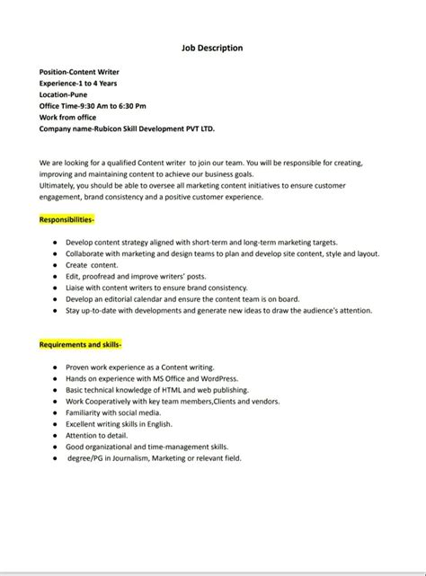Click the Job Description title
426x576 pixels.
[x=213, y=48]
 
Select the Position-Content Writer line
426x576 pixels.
[x=80, y=70]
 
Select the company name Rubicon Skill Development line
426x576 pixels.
[x=126, y=128]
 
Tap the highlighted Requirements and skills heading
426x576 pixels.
[x=81, y=344]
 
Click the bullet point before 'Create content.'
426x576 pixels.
[x=56, y=265]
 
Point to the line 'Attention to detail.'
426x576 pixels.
[x=101, y=435]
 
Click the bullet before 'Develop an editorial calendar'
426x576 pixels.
[x=56, y=299]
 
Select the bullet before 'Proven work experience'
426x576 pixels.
[x=56, y=368]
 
